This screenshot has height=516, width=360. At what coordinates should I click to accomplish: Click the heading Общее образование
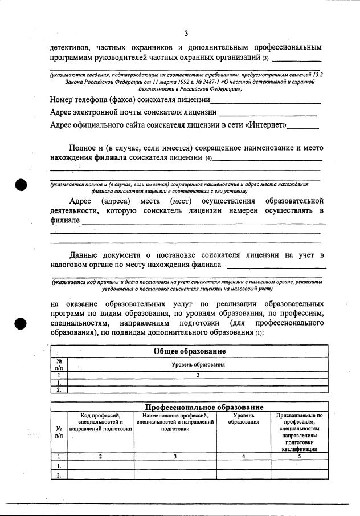[189, 351]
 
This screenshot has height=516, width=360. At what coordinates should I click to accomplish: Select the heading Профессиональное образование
[203, 407]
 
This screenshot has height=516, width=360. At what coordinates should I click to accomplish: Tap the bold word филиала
[111, 157]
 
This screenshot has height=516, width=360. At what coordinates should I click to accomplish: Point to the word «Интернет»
[265, 125]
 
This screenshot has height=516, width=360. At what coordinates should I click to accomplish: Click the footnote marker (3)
[265, 59]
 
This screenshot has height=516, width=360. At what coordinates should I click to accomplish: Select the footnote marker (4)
[208, 158]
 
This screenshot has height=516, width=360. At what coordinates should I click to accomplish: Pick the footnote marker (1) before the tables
[259, 333]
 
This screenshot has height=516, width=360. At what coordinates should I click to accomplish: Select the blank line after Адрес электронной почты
[268, 114]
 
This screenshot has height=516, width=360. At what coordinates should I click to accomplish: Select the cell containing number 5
[299, 456]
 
